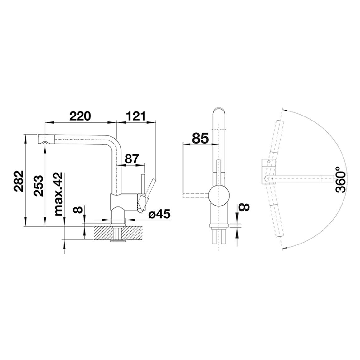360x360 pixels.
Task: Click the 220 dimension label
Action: pos(80,116)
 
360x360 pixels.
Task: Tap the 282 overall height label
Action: pos(18,181)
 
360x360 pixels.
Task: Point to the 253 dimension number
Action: pos(38,186)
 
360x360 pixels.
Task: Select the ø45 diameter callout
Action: pos(159,214)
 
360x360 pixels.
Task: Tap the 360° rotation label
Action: pos(340,180)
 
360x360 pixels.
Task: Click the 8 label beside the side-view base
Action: pos(78,210)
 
